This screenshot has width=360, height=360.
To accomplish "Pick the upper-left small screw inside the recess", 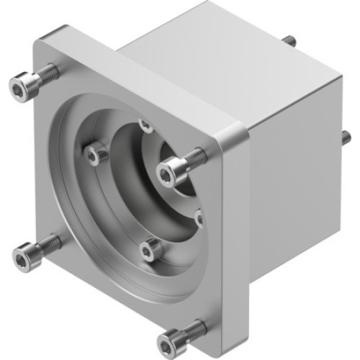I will (93, 153).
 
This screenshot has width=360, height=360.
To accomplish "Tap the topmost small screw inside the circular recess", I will (146, 126).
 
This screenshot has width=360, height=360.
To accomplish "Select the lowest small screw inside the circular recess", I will (149, 250).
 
